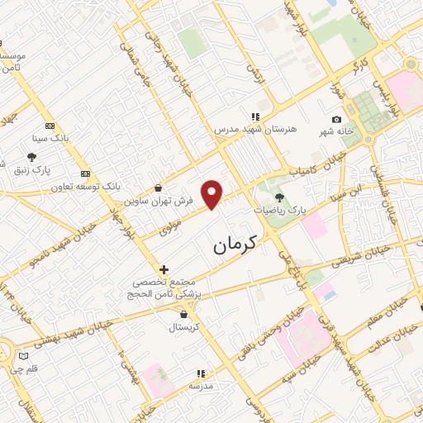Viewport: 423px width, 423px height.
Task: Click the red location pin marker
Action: click(x=213, y=194)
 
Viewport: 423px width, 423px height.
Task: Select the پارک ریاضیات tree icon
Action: click(x=279, y=197)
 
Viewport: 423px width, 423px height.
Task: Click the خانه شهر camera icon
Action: click(x=336, y=120)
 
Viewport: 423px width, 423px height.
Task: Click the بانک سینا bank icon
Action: click(x=50, y=126)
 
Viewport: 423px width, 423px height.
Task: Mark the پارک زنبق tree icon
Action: click(x=31, y=156)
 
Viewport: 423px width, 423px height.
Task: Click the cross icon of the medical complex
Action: click(x=164, y=269)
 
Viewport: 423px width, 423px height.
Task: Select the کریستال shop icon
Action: click(x=183, y=315)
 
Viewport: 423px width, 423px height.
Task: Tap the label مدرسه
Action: click(x=202, y=386)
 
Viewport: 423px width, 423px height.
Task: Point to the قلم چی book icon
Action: click(x=23, y=357)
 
